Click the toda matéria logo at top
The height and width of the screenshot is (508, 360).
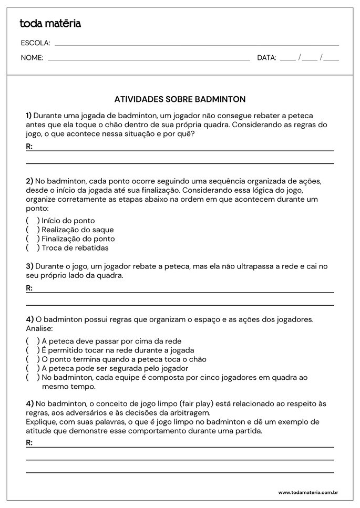tap(50, 24)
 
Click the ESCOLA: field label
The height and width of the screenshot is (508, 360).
tap(35, 43)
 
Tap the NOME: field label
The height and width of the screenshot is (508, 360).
tap(32, 58)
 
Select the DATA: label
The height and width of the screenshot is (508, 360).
tap(266, 58)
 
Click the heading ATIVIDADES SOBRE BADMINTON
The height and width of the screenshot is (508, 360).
tap(180, 99)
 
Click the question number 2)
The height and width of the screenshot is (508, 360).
tap(29, 181)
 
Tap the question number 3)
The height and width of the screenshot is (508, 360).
tap(29, 266)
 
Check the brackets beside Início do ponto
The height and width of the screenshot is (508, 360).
tap(33, 221)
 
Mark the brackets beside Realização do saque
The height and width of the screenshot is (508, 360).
tap(33, 230)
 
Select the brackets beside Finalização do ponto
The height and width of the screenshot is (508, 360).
tap(33, 239)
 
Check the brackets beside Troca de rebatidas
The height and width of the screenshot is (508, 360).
tap(33, 247)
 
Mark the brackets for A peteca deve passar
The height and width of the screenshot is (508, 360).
tap(33, 341)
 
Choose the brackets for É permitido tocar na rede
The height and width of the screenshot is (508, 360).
tap(33, 350)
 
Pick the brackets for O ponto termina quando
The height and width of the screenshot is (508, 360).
tap(33, 359)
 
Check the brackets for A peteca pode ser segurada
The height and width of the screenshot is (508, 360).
tap(33, 368)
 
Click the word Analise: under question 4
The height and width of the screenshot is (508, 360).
tap(39, 328)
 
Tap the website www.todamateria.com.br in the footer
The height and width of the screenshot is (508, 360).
tap(307, 492)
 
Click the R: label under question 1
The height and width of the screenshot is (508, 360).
tap(29, 147)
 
